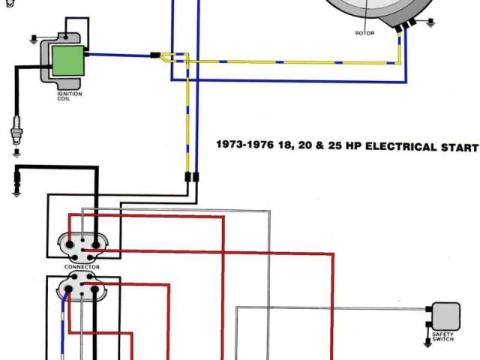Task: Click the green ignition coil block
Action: point(67,59)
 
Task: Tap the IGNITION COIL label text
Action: point(69,96)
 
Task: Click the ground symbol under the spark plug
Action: point(16,154)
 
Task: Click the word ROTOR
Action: point(364,33)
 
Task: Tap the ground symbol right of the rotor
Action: point(430,23)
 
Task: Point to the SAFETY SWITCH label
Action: point(443,337)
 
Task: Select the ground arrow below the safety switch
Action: point(428,342)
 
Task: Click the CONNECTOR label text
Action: point(81,267)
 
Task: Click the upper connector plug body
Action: point(81,244)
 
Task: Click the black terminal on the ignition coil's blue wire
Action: point(88,54)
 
